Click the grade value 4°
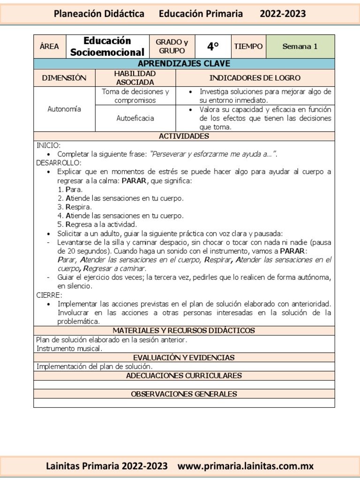(x=213, y=46)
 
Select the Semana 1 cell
(x=300, y=46)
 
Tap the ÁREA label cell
(x=50, y=46)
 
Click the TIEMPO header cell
(x=248, y=46)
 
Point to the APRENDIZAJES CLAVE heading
(x=184, y=64)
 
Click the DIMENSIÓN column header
(x=64, y=78)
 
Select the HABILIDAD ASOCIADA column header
(x=135, y=78)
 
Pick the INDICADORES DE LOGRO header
(x=255, y=78)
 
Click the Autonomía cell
(x=64, y=109)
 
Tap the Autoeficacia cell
(x=135, y=118)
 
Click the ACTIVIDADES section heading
(x=184, y=136)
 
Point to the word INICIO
(x=49, y=145)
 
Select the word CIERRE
(x=49, y=295)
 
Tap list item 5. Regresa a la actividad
(x=97, y=225)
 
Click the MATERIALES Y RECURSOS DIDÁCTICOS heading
(x=184, y=330)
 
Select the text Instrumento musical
(x=69, y=348)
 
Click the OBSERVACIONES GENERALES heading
(x=184, y=394)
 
